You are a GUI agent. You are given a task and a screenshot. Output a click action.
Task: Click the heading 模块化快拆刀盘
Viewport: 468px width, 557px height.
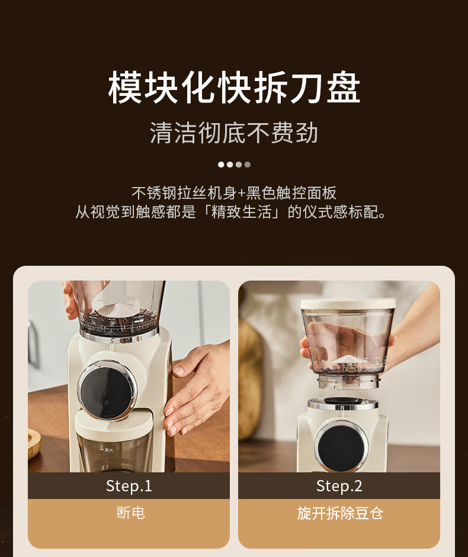tap(234, 88)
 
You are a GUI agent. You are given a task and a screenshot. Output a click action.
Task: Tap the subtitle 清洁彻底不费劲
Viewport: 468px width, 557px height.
tap(233, 133)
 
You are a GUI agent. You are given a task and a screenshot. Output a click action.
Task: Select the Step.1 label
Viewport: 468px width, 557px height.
tap(129, 486)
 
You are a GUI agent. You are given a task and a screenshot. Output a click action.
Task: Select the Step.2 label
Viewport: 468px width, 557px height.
tap(339, 486)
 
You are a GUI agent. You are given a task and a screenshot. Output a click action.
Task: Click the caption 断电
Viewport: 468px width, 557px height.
tap(131, 513)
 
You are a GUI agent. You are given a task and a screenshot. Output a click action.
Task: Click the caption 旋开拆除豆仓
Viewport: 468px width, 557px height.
tap(339, 513)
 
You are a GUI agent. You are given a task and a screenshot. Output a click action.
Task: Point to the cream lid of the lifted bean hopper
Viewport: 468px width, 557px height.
tap(348, 304)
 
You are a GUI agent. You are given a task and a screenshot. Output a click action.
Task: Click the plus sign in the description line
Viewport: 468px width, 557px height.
tap(242, 193)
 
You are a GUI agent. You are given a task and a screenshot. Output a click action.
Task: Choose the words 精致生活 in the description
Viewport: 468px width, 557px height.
tap(242, 212)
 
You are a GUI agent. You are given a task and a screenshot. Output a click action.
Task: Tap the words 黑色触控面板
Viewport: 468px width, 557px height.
tap(291, 193)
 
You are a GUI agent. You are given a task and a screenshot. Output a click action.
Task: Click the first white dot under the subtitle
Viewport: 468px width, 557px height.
tap(221, 165)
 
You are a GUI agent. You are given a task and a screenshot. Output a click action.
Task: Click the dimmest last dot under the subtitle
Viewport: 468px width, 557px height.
tap(248, 165)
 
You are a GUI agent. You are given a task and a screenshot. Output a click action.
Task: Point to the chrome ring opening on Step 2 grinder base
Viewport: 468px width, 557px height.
tap(342, 403)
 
